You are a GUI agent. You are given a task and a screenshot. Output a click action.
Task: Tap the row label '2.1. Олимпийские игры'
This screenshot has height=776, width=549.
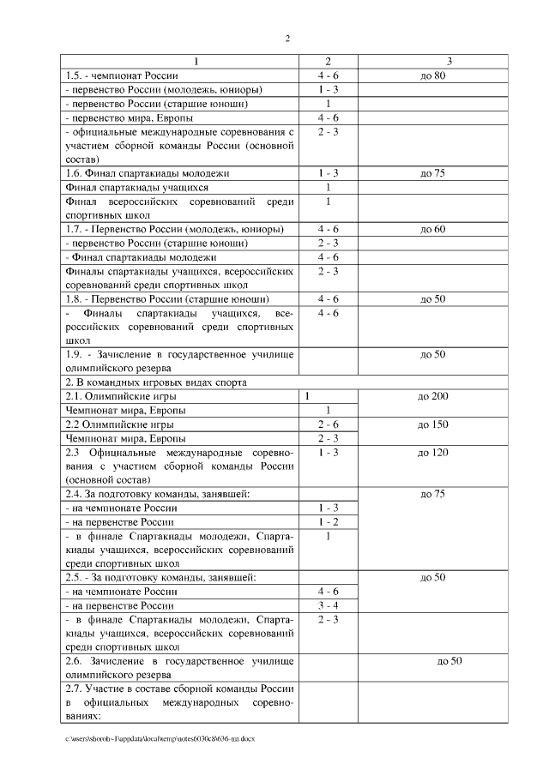pos(117,396)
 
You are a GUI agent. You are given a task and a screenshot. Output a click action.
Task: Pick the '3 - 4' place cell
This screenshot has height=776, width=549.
pos(328,605)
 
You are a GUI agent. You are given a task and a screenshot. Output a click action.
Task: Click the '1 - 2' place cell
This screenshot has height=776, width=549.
pos(328,521)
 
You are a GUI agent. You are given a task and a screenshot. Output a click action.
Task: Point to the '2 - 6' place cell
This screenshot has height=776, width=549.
pos(328,424)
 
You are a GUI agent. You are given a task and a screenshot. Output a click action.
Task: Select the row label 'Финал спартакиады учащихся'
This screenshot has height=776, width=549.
pos(136,187)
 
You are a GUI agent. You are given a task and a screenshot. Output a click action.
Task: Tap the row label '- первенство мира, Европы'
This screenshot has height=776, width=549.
pos(129,117)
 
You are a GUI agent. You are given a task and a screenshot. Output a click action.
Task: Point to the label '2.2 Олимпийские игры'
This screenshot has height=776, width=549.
pos(115,424)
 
